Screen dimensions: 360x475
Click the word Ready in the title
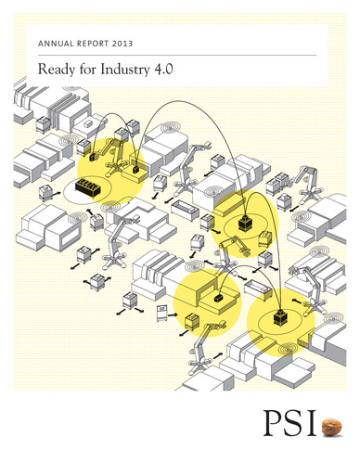pos(55,70)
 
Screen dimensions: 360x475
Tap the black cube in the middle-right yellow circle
pos(247,224)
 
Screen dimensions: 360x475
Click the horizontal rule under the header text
pos(180,55)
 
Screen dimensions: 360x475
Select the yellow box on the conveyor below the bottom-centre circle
pos(193,321)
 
